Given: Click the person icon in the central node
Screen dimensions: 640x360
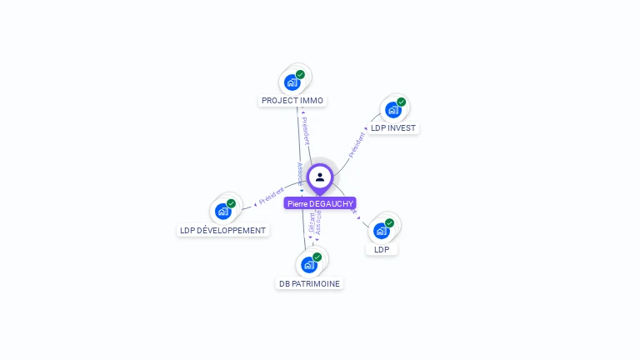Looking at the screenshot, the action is point(320,177).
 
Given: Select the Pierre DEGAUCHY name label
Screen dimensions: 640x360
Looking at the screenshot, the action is point(320,203).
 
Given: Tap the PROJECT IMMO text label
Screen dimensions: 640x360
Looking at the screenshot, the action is point(292,101).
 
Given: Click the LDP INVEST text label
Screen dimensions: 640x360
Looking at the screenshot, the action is point(393,128).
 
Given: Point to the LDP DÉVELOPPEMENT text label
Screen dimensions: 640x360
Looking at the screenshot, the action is point(223,231).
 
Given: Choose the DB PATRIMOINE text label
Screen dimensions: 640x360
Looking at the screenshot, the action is point(310,283).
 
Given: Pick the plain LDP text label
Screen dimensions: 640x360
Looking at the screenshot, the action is point(382,249).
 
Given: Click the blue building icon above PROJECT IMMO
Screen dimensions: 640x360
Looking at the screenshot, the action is point(291,82).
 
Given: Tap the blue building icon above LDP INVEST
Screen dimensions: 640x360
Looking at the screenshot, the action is point(392,109).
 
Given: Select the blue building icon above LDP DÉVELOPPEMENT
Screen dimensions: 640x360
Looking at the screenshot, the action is point(222,211).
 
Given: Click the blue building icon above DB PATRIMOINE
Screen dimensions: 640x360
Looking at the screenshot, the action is point(309,264).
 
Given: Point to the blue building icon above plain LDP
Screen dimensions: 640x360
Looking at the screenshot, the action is point(381,230).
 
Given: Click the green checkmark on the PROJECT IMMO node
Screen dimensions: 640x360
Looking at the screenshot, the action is point(300,75).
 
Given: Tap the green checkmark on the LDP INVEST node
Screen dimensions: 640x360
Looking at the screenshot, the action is point(401,102).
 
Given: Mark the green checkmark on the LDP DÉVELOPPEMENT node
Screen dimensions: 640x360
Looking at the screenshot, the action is point(231,204).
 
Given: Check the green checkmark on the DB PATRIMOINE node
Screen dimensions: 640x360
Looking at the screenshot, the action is point(317,257).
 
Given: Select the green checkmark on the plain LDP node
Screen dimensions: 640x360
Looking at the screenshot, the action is point(389,223).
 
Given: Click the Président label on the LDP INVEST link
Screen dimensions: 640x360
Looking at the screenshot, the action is point(357,143).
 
